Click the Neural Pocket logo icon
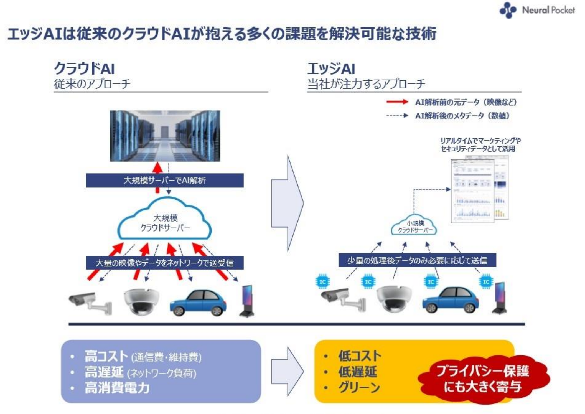[x=508, y=10]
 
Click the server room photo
[x=165, y=136]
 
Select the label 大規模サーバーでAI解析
[x=165, y=181]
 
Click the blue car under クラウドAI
[x=198, y=303]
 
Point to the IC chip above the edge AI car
[x=431, y=282]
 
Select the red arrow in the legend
[x=397, y=102]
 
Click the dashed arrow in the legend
[x=397, y=115]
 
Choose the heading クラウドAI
[x=84, y=68]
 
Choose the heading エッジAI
[x=331, y=68]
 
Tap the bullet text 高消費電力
[x=117, y=388]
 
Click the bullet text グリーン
[x=359, y=387]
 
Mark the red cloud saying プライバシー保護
[x=483, y=379]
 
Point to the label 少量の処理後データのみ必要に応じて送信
[x=417, y=260]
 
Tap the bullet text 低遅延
[x=358, y=372]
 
